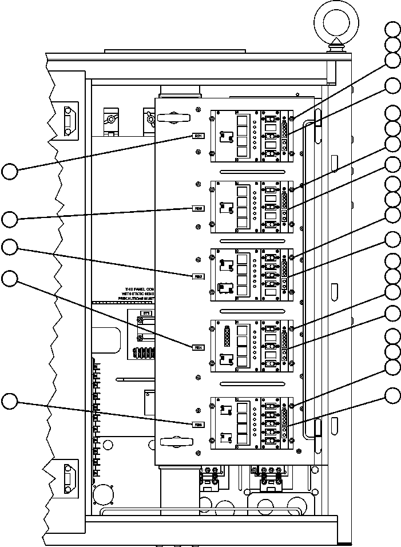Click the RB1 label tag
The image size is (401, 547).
point(198,136)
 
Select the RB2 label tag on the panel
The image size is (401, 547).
point(198,209)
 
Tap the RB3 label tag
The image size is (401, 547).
point(198,276)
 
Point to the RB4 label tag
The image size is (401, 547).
point(198,347)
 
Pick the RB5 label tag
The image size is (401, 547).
point(198,424)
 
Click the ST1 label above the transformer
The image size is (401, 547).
point(146,314)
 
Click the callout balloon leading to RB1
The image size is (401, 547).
point(10,171)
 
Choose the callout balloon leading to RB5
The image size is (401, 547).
point(10,402)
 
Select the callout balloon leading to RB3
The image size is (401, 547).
point(10,247)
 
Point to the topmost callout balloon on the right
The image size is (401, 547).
point(392,29)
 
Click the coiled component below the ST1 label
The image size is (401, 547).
point(143,352)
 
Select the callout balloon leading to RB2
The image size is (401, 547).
point(10,219)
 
